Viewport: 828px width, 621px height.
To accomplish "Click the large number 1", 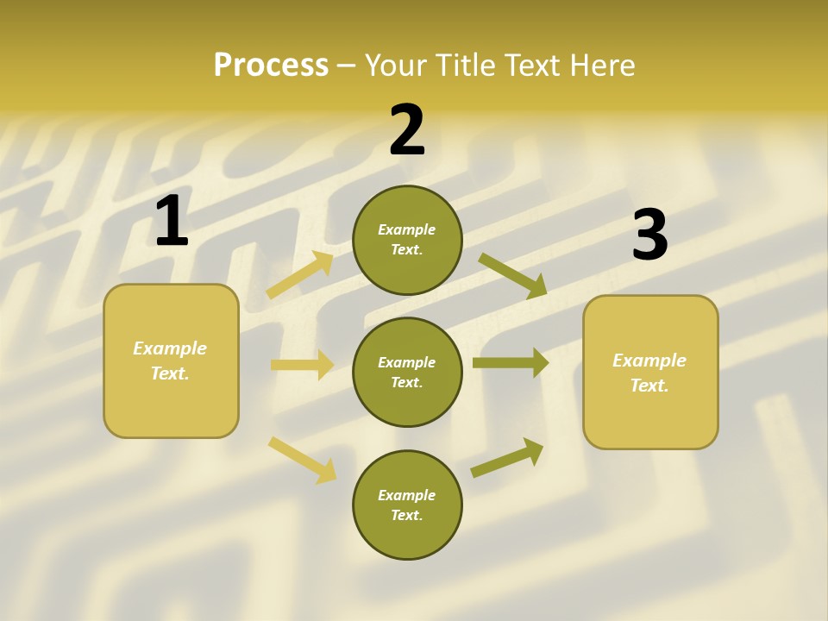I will (x=172, y=221).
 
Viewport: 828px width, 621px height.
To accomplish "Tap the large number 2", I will (x=407, y=130).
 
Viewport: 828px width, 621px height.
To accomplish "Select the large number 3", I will (x=649, y=235).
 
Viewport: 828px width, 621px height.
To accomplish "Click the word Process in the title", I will (x=271, y=65).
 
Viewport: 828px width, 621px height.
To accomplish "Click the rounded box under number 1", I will (x=171, y=405).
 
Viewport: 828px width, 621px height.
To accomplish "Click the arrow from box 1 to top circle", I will (x=301, y=275).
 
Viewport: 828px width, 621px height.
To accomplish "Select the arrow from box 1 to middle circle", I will (x=302, y=365).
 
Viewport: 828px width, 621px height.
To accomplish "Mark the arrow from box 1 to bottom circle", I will (x=303, y=460).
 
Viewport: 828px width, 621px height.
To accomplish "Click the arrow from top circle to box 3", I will (x=512, y=275).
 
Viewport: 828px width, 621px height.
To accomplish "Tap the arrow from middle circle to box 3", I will (x=511, y=362).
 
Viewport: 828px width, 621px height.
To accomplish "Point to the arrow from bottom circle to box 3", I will (x=507, y=458).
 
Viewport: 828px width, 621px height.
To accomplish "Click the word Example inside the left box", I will (x=170, y=348).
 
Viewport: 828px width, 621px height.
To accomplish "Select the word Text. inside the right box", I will (x=649, y=386).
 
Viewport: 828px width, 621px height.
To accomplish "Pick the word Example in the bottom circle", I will (x=407, y=495).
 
